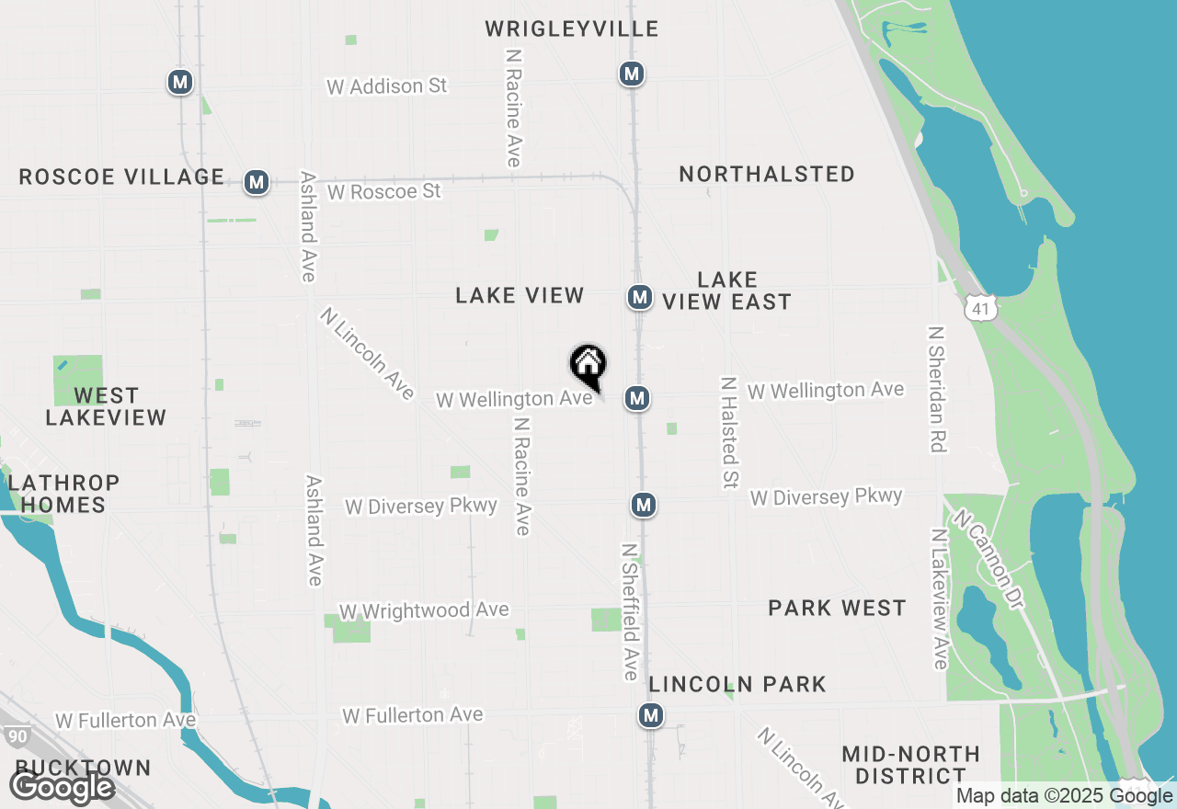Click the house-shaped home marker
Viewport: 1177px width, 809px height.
point(588,365)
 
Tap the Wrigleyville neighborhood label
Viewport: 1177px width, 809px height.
point(572,28)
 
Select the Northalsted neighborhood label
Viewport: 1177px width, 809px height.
point(767,174)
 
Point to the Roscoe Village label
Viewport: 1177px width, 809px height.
point(121,177)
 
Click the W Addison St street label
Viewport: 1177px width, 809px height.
point(387,86)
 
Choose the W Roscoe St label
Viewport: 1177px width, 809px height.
point(384,191)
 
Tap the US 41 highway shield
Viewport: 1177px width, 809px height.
point(981,308)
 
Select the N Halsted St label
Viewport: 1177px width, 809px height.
point(730,432)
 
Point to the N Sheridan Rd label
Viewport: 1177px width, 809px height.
point(937,389)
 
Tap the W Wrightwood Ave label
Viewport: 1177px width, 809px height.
point(424,611)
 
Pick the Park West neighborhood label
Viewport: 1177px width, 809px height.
point(837,608)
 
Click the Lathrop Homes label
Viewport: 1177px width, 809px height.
point(63,493)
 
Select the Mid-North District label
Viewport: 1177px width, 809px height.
point(910,765)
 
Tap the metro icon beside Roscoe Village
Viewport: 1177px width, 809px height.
point(257,182)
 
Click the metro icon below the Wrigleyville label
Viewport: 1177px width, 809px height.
point(631,74)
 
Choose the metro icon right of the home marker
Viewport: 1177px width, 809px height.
point(637,398)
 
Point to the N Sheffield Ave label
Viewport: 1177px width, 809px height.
point(630,611)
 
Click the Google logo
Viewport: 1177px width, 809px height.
point(63,788)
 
